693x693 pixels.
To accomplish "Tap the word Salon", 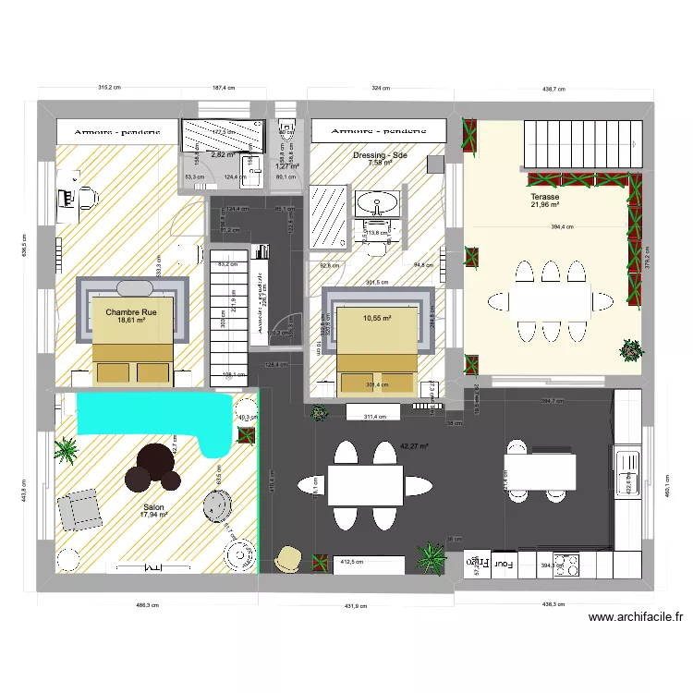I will point(154,506).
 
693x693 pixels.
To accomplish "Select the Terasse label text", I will point(544,197).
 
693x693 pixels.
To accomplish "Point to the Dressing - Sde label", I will point(380,155).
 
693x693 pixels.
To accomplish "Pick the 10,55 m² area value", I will point(377,318).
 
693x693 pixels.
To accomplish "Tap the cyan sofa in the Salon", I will point(148,414).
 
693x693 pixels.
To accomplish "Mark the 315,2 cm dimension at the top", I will point(111,89).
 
